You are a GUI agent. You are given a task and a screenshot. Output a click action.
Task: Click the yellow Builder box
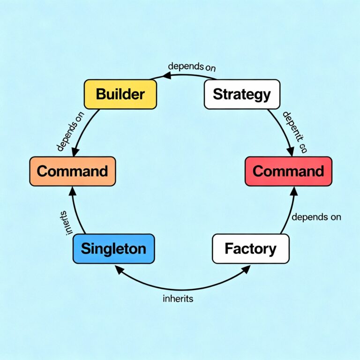point(120,94)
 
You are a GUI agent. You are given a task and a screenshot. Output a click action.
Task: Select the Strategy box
point(242,94)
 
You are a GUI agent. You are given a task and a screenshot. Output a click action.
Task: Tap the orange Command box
point(72,171)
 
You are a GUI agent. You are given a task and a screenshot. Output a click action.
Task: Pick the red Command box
point(288,171)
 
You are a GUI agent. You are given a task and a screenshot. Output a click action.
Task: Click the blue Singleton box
point(113,248)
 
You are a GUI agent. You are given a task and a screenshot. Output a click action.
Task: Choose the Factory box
point(251,248)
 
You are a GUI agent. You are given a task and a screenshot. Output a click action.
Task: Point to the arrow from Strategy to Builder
point(187,75)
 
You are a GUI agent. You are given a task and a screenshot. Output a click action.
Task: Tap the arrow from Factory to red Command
point(290,211)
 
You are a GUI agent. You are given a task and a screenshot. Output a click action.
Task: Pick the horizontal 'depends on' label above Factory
point(316,217)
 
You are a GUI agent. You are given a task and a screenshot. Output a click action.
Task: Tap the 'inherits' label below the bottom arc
point(178,299)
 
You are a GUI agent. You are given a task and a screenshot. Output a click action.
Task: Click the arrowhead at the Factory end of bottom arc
point(247,269)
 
